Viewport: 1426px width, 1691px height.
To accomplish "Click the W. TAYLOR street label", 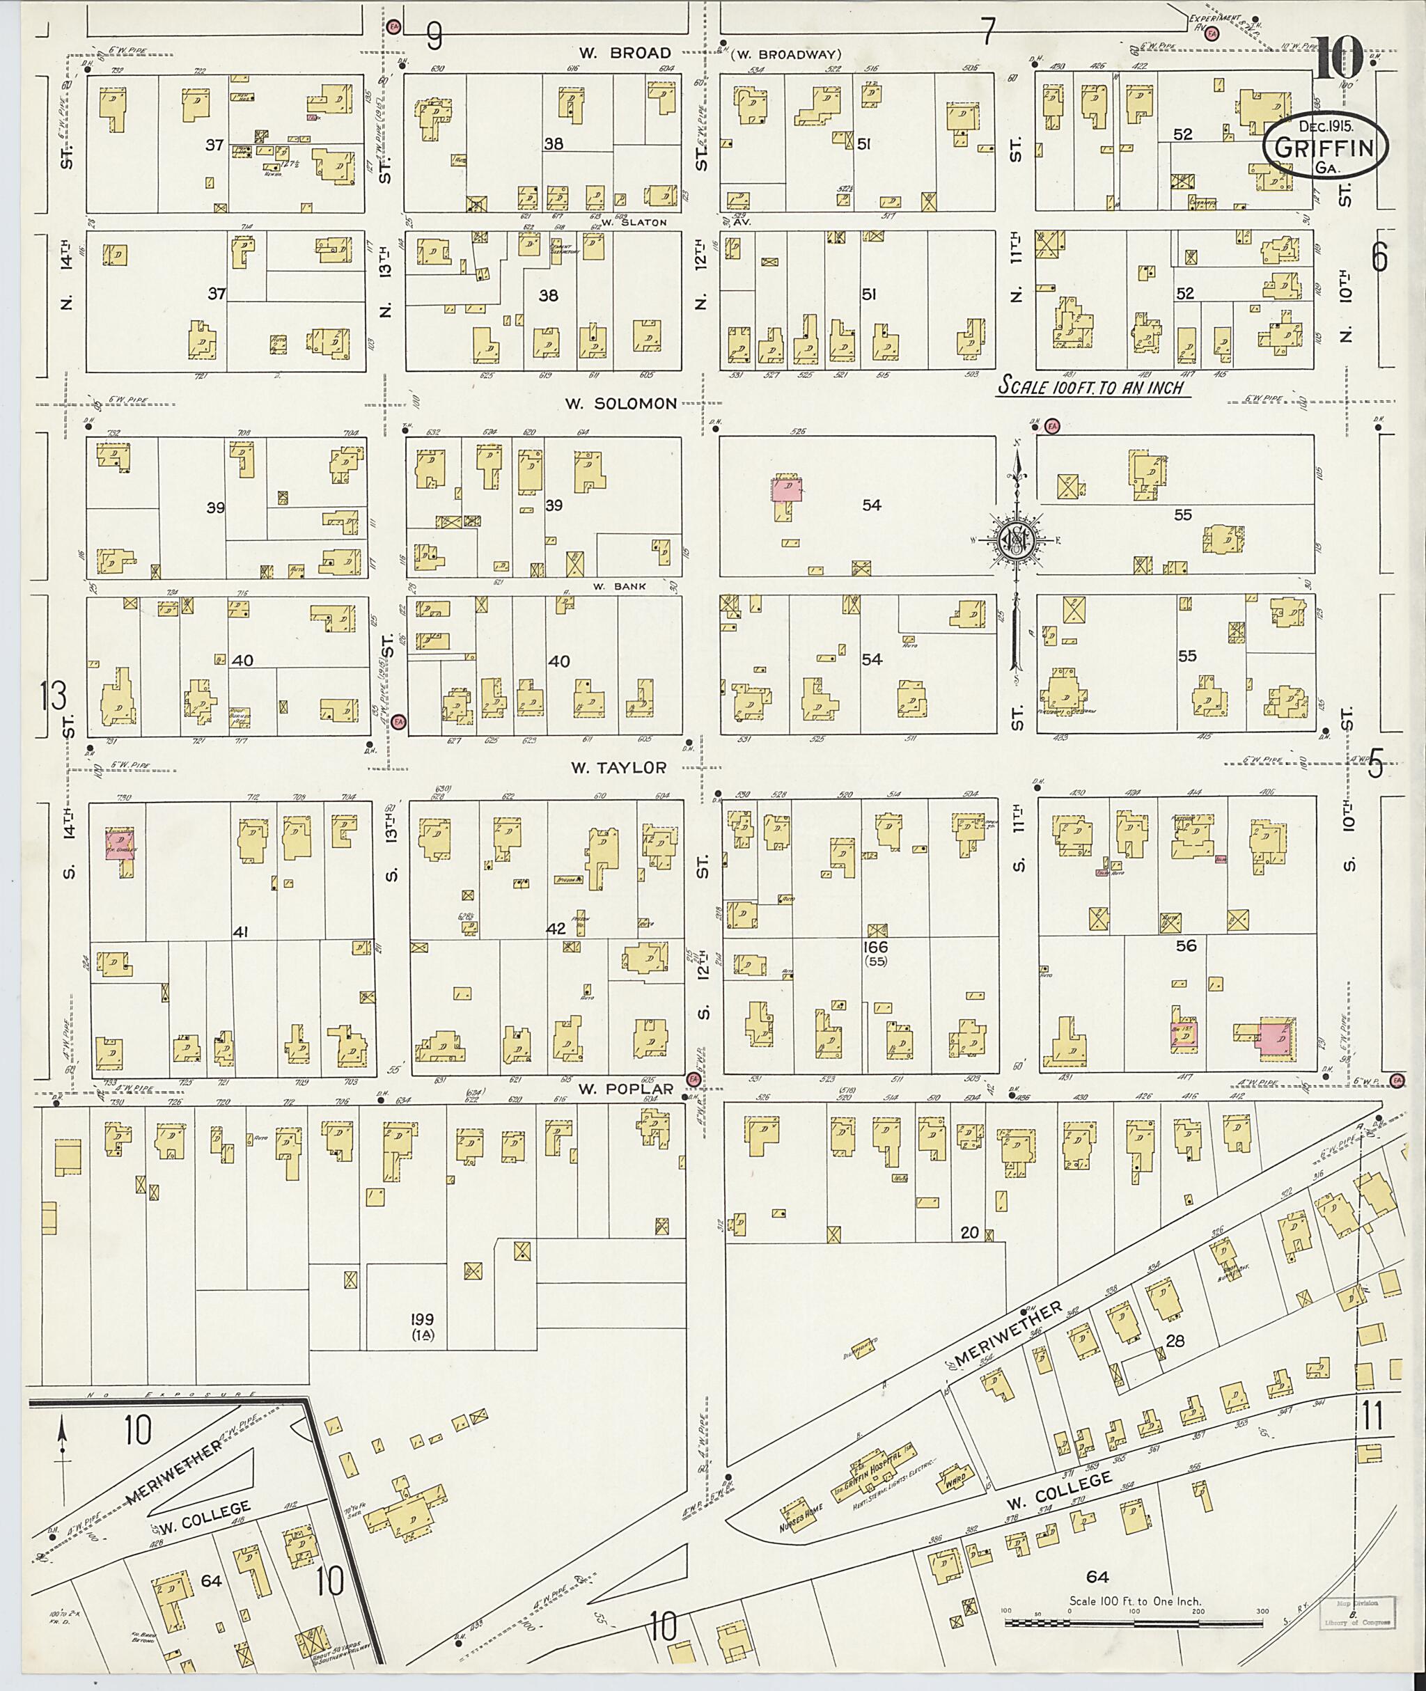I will (619, 767).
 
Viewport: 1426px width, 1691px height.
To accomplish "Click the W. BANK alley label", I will (619, 586).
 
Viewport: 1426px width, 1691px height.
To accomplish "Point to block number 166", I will (875, 947).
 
